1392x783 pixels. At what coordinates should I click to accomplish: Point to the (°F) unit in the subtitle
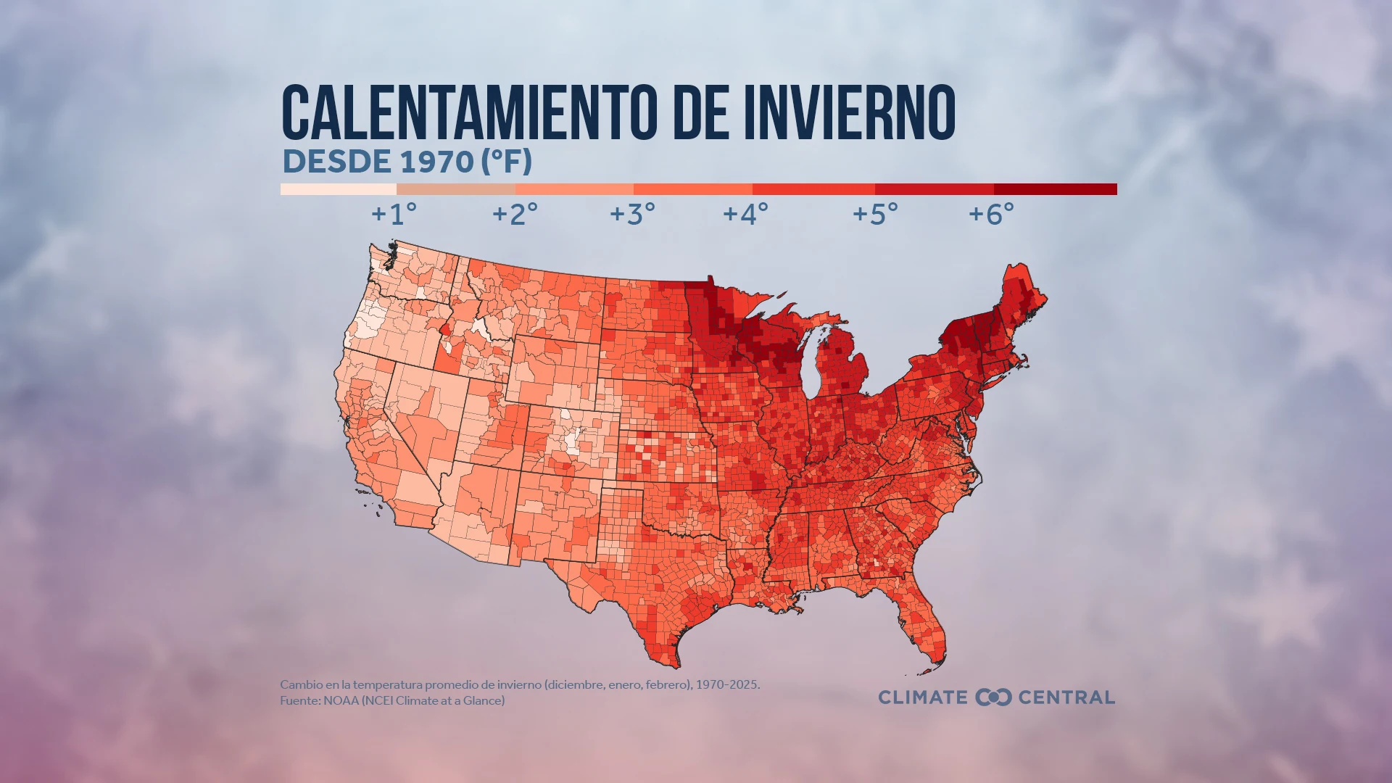click(506, 162)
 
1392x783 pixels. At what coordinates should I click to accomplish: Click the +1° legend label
click(394, 214)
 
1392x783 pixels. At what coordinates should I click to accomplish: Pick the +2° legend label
click(515, 214)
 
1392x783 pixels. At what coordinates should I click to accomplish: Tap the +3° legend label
click(632, 214)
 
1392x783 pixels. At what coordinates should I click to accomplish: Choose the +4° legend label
click(745, 214)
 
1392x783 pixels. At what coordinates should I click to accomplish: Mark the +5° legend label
click(875, 214)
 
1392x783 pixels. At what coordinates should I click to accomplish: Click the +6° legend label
click(991, 214)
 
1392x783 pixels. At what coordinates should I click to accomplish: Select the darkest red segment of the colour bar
click(1055, 189)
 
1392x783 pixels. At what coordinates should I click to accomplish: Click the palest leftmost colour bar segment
click(338, 189)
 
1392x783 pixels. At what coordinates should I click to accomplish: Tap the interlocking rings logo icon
click(993, 697)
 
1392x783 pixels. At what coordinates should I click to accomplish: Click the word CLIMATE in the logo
click(923, 697)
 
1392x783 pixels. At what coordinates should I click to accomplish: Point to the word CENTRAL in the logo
click(1066, 697)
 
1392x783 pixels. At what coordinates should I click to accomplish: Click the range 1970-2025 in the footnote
click(727, 684)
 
